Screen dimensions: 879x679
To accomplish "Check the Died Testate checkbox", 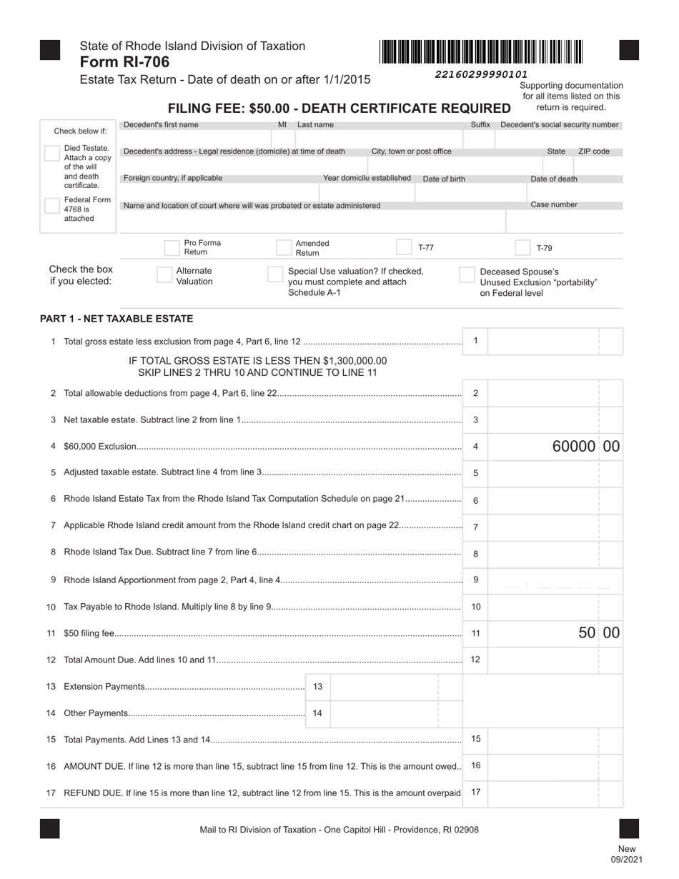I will click(x=51, y=153).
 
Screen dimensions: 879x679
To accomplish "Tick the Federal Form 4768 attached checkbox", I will click(x=51, y=206).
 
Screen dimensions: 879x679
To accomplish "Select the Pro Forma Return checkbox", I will click(x=172, y=248).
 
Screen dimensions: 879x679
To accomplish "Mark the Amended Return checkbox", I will click(x=284, y=248).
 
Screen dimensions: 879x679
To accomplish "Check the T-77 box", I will click(x=404, y=247).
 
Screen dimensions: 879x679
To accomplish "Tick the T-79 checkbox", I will click(x=522, y=248).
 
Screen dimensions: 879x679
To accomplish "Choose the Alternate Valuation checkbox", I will click(x=164, y=275).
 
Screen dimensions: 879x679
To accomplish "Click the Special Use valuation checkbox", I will click(x=275, y=274).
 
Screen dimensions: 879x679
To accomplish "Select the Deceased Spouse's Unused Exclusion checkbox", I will click(x=467, y=275).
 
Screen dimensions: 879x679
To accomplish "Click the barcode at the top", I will click(x=482, y=52).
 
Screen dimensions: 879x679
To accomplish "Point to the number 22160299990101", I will click(x=481, y=74).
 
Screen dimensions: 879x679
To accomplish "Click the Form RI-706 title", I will click(x=125, y=62).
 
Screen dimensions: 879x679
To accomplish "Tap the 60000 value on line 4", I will click(x=574, y=447).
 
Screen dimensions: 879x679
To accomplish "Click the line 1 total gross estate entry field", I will click(x=543, y=341).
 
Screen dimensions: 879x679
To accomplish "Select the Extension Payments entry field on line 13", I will click(x=384, y=687).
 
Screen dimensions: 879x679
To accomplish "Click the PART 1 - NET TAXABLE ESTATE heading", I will click(x=117, y=319).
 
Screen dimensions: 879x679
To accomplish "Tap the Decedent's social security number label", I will click(x=559, y=125).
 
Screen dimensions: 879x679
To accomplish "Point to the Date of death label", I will click(x=553, y=179).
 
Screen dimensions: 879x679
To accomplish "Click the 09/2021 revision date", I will click(x=626, y=859).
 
